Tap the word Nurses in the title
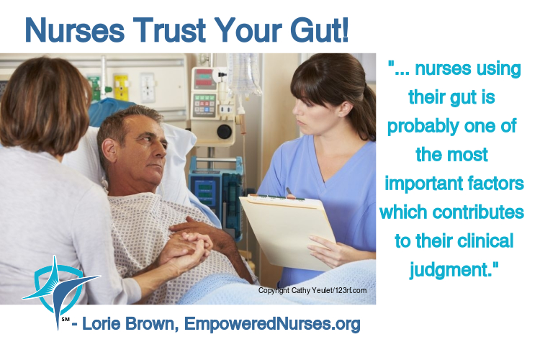coord(74,30)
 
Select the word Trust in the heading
coord(169,30)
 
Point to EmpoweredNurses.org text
coord(272,324)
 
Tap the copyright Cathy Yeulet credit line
coord(312,290)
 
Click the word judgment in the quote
coord(449,269)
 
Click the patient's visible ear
coord(110,150)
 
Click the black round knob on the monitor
coord(224,131)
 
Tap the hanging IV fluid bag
coord(244,74)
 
